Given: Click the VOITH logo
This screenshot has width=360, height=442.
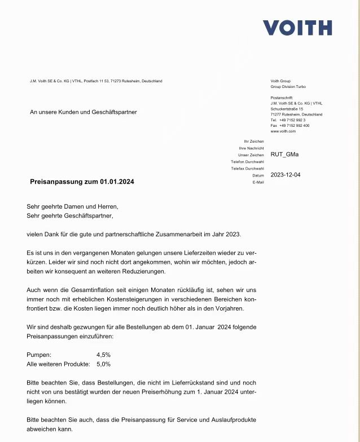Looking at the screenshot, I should click(297, 28).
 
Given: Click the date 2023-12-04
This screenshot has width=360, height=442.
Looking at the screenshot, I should click(286, 175).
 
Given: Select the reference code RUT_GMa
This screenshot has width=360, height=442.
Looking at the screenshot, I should click(285, 154).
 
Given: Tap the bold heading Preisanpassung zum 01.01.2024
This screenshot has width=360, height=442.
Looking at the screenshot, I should click(82, 182).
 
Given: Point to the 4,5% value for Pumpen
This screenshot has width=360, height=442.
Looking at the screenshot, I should click(103, 355).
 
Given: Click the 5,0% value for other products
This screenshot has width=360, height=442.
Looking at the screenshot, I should click(103, 364).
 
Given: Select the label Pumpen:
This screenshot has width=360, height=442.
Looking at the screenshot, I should click(39, 355).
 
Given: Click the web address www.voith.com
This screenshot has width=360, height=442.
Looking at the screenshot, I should click(283, 131).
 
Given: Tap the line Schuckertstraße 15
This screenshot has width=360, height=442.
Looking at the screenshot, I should click(287, 109).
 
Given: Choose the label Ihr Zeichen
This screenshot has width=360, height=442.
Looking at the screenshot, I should click(253, 142).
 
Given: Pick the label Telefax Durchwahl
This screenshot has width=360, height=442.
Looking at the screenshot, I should click(247, 169).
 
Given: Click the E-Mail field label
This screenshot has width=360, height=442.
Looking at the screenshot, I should click(258, 182).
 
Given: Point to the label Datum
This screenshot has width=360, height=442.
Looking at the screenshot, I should click(258, 175).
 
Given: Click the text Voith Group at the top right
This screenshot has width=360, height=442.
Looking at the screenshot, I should click(280, 81).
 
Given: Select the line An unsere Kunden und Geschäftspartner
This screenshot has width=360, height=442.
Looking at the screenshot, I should click(83, 112).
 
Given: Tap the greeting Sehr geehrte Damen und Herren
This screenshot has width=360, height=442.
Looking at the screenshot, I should click(72, 206).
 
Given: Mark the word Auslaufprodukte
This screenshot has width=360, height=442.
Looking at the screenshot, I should click(229, 420).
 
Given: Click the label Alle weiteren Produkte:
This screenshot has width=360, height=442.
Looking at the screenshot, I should click(58, 364).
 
